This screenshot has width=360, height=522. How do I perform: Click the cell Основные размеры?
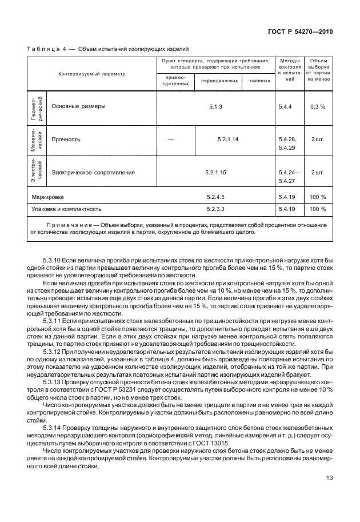(x=78, y=106)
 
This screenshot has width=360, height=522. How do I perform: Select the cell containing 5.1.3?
(x=215, y=106)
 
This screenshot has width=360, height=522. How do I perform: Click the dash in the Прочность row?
(x=171, y=139)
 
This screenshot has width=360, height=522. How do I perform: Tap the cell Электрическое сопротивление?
(x=93, y=172)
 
